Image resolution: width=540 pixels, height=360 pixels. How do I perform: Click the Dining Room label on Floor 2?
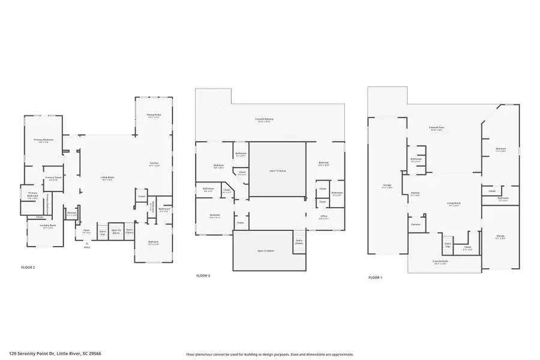154,115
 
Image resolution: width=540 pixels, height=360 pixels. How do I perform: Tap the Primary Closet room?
53,178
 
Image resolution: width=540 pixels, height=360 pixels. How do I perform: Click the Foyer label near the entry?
86,230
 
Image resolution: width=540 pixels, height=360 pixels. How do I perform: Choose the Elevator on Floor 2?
71,213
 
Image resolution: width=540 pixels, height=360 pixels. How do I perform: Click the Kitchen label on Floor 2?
154,164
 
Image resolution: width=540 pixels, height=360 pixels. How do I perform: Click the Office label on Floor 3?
323,217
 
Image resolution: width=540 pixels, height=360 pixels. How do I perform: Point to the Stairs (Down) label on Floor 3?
299,242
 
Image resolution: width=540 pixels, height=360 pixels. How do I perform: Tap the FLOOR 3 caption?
203,275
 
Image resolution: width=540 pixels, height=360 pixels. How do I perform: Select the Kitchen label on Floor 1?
415,193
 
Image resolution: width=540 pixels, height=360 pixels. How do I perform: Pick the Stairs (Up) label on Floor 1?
447,245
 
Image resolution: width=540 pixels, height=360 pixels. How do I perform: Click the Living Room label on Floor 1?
453,204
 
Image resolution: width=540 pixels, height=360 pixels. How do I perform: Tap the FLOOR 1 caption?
375,278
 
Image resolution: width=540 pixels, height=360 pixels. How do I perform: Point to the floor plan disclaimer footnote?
270,354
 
